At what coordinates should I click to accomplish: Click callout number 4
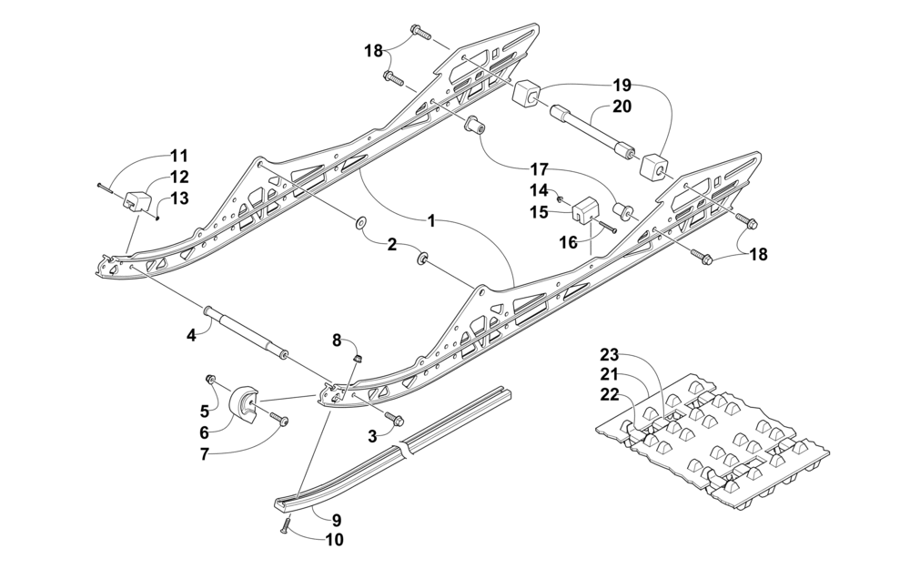pyautogui.click(x=191, y=335)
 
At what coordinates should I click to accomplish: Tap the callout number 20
pyautogui.click(x=621, y=107)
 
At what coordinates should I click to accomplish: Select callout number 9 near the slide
pyautogui.click(x=337, y=520)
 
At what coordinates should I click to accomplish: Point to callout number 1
pyautogui.click(x=430, y=220)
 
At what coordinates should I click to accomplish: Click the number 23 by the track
pyautogui.click(x=610, y=353)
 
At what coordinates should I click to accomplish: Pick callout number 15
pyautogui.click(x=539, y=212)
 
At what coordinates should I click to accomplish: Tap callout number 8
pyautogui.click(x=337, y=340)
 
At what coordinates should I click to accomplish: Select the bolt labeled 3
pyautogui.click(x=395, y=418)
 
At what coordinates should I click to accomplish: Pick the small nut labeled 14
pyautogui.click(x=561, y=199)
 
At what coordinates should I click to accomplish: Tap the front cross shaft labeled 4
pyautogui.click(x=246, y=332)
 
